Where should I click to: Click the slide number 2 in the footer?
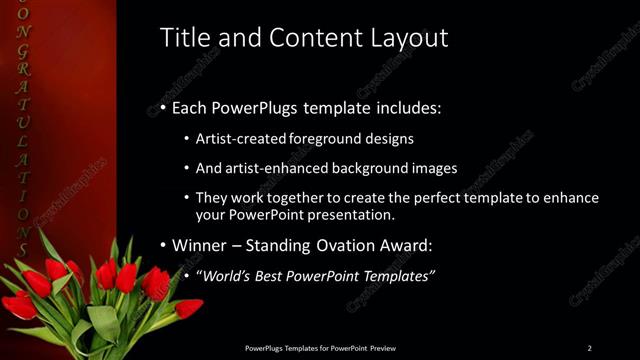[x=589, y=348]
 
